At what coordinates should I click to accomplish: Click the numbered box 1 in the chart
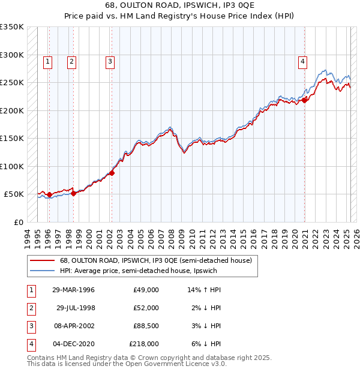pyautogui.click(x=47, y=61)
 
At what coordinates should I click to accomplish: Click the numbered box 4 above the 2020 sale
pyautogui.click(x=303, y=61)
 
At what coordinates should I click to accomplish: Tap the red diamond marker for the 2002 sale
pyautogui.click(x=112, y=173)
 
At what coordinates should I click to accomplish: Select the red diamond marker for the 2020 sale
pyautogui.click(x=304, y=100)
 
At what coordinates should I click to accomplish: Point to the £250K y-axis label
pyautogui.click(x=12, y=82)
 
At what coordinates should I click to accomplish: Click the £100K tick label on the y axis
pyautogui.click(x=12, y=166)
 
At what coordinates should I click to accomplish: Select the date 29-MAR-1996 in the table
pyautogui.click(x=74, y=290)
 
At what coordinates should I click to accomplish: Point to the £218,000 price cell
pyautogui.click(x=144, y=344)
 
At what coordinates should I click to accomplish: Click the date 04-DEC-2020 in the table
pyautogui.click(x=74, y=344)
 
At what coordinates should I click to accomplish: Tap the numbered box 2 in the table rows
pyautogui.click(x=31, y=308)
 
